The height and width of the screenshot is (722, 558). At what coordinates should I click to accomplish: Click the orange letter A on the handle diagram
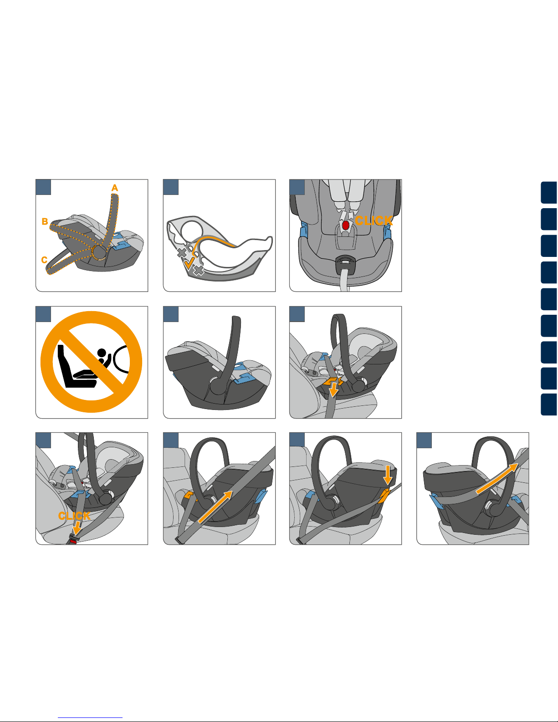point(115,188)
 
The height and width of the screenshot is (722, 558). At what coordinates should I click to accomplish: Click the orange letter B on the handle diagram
point(45,221)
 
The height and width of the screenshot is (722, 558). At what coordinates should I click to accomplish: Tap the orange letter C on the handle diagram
point(44,260)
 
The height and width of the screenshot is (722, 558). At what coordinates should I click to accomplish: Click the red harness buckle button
point(345,225)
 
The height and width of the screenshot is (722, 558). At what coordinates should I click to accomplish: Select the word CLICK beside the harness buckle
point(374,220)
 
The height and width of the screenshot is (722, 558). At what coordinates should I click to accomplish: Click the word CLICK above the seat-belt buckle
point(74,516)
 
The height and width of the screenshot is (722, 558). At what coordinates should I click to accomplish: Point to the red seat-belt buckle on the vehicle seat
point(72,542)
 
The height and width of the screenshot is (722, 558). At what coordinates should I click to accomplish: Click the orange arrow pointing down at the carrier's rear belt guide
point(387,475)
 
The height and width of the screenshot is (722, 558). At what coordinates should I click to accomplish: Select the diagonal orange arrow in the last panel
point(497,478)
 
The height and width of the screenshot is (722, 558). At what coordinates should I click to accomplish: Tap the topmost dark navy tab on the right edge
point(549,193)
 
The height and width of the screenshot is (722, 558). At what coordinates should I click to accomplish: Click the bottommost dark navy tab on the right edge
point(549,405)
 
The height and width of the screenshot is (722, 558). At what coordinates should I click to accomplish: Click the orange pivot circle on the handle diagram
point(99,253)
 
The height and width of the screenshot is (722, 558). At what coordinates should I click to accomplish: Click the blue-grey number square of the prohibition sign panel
point(43,314)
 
